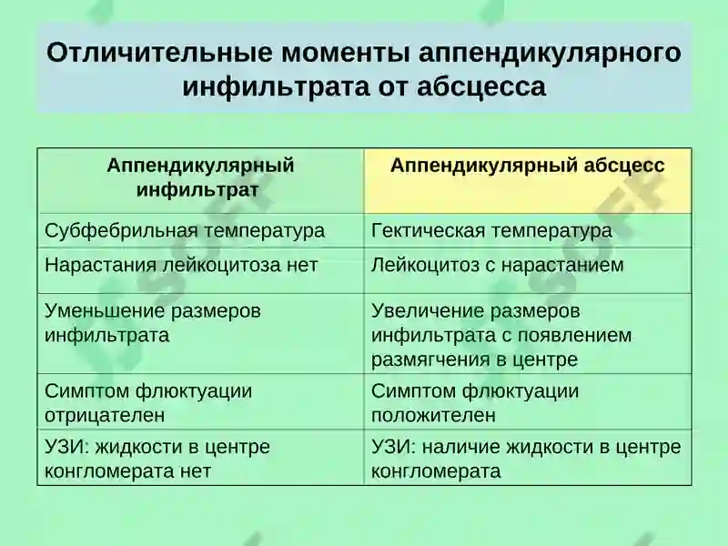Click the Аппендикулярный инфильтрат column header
(200, 177)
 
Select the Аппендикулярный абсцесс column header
(528, 166)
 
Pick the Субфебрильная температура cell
(185, 230)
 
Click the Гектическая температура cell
(491, 230)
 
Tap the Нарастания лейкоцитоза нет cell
(181, 265)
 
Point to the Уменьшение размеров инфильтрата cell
(153, 322)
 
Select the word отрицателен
(105, 416)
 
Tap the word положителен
(433, 416)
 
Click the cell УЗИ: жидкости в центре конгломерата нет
(157, 459)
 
